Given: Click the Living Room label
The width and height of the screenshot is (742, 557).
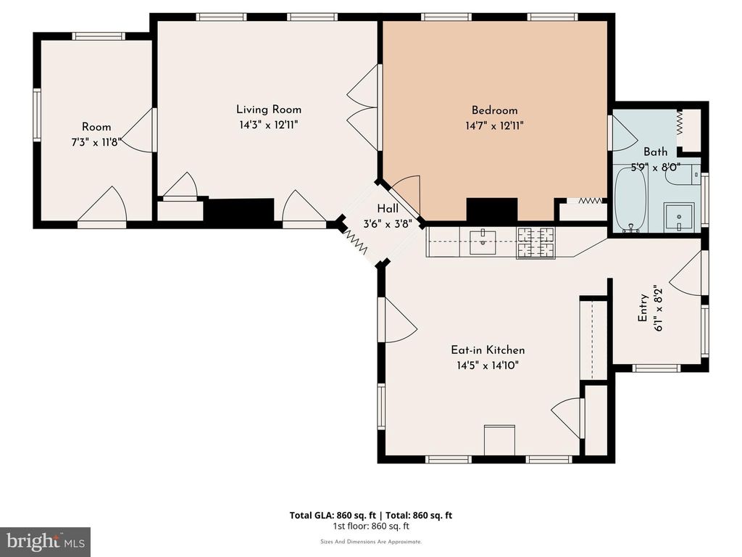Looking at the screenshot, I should pyautogui.click(x=269, y=110).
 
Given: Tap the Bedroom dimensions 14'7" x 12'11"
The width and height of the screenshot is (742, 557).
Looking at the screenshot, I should pyautogui.click(x=495, y=125).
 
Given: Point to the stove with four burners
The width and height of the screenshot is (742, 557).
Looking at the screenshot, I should pyautogui.click(x=535, y=242).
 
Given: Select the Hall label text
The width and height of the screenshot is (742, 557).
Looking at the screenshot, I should pyautogui.click(x=387, y=209).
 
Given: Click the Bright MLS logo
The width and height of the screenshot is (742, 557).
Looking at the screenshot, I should pyautogui.click(x=45, y=541).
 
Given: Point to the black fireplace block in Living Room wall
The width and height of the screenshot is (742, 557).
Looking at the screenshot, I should pyautogui.click(x=239, y=210).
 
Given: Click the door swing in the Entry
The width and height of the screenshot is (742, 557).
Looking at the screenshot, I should pyautogui.click(x=688, y=273).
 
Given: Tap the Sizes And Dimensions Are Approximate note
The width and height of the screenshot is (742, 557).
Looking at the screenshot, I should pyautogui.click(x=370, y=541).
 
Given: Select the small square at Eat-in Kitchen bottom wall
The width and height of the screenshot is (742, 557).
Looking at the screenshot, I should pyautogui.click(x=499, y=440).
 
